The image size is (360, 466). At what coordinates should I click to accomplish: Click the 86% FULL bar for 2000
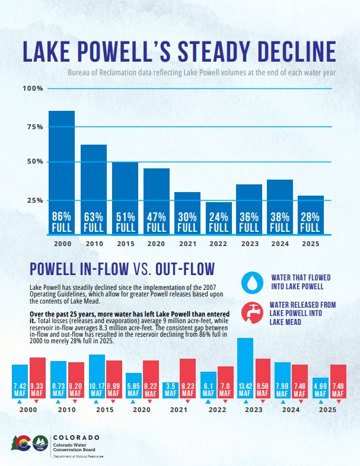pyautogui.click(x=62, y=173)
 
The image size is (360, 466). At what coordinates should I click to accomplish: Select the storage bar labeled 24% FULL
pyautogui.click(x=218, y=218)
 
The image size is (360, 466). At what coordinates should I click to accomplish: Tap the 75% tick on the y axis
pyautogui.click(x=35, y=127)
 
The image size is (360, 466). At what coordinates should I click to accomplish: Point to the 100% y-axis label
pyautogui.click(x=33, y=88)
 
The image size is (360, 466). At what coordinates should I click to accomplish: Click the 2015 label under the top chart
pyautogui.click(x=126, y=244)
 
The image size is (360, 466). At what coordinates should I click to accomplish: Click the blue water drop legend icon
pyautogui.click(x=253, y=282)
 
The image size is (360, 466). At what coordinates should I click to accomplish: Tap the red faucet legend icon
pyautogui.click(x=253, y=313)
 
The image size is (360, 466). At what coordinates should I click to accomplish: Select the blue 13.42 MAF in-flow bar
pyautogui.click(x=245, y=368)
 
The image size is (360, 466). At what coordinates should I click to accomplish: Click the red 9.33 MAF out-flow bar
pyautogui.click(x=37, y=378)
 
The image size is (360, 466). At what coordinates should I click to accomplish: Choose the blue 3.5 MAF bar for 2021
pyautogui.click(x=170, y=390)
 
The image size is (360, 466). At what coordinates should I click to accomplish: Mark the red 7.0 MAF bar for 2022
pyautogui.click(x=225, y=382)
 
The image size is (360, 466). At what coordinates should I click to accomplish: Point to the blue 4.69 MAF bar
pyautogui.click(x=320, y=388)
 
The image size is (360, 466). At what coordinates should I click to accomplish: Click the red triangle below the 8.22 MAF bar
pyautogui.click(x=150, y=401)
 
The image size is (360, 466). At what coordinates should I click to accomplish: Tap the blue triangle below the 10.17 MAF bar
pyautogui.click(x=96, y=402)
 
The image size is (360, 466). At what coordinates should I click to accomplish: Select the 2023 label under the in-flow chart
pyautogui.click(x=254, y=410)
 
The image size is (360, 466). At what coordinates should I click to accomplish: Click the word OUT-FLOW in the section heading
pyautogui.click(x=185, y=269)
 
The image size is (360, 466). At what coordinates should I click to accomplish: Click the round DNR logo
pyautogui.click(x=40, y=443)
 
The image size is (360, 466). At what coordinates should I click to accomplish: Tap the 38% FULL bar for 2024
pyautogui.click(x=280, y=207)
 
